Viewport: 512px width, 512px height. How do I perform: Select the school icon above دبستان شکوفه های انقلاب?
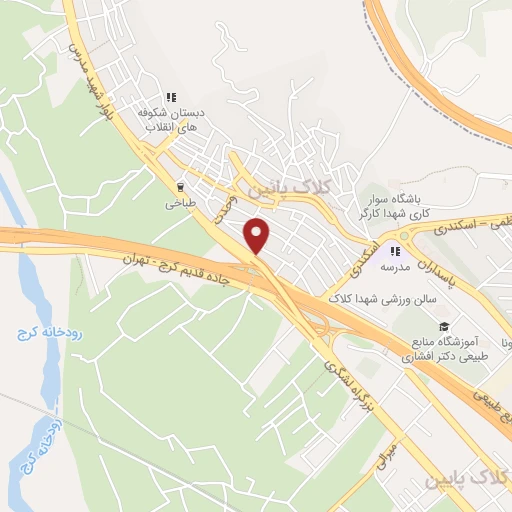click(x=171, y=97)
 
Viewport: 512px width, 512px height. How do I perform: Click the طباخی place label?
click(x=179, y=201)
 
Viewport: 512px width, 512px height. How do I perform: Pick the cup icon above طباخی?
click(x=180, y=185)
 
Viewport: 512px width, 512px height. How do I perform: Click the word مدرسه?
click(x=396, y=267)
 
